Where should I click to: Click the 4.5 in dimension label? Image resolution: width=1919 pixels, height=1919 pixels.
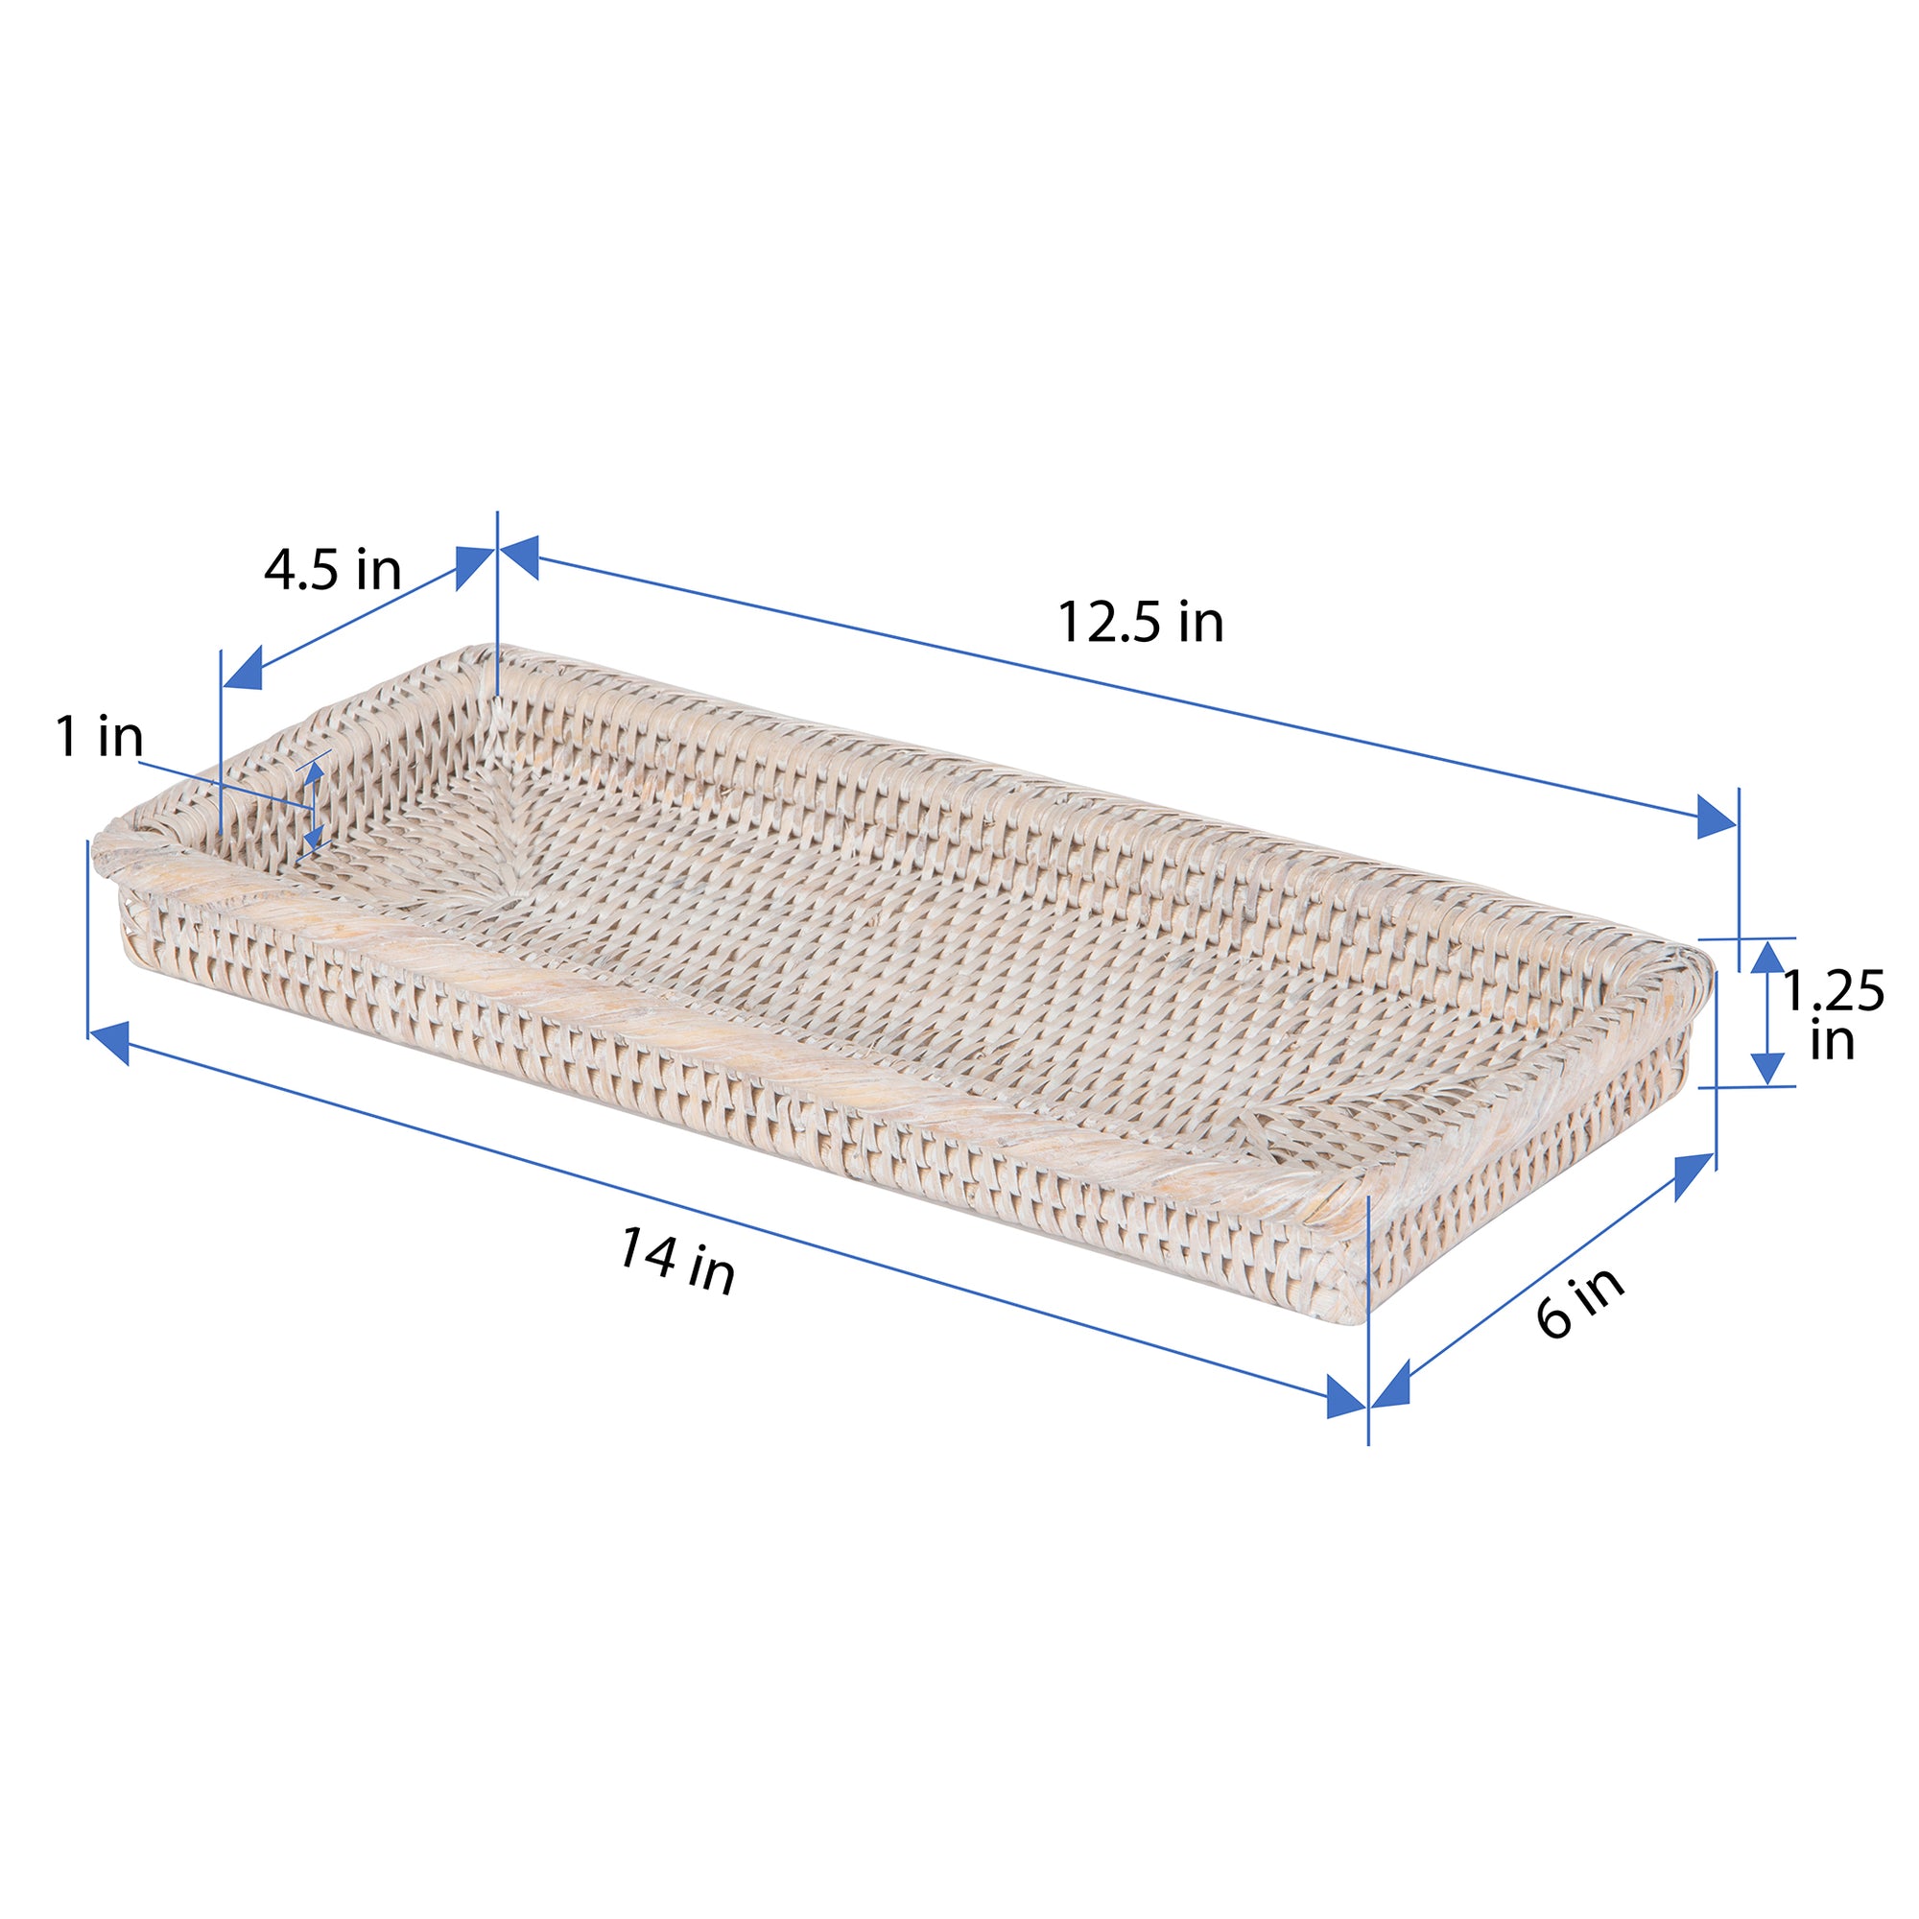333,571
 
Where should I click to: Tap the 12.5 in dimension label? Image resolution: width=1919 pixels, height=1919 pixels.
1139,623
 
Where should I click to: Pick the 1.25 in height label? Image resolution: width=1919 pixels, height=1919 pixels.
1833,1015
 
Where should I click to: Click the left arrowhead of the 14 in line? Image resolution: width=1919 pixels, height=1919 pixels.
109,1043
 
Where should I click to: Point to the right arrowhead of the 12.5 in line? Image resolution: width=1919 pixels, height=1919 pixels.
1717,817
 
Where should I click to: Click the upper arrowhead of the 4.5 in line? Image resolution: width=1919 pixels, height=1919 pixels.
474,566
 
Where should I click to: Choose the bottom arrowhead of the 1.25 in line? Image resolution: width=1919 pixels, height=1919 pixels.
1767,1068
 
